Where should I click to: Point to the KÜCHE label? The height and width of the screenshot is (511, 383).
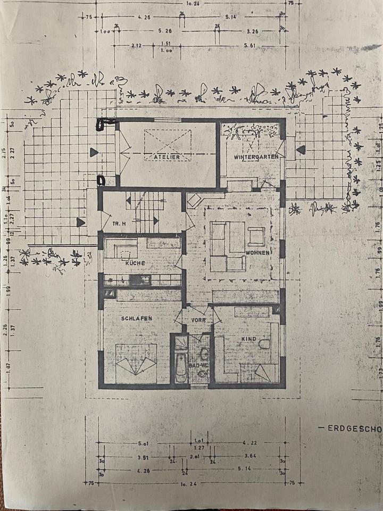(136, 262)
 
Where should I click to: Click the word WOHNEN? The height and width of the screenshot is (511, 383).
(257, 252)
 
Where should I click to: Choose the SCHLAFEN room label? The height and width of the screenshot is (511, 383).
(137, 318)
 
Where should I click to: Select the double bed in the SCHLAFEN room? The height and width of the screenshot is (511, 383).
(136, 363)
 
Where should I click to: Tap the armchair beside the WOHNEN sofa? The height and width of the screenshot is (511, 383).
(255, 235)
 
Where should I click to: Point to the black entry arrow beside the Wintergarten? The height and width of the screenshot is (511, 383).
(301, 150)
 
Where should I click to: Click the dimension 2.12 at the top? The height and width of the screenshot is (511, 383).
(136, 46)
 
